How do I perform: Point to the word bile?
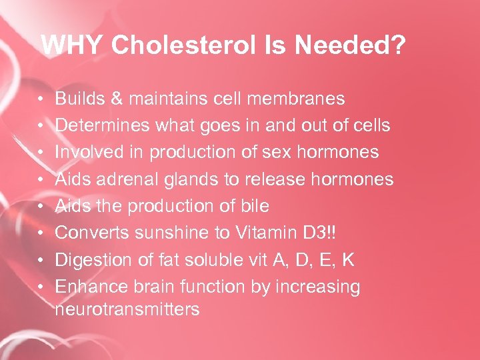[253, 206]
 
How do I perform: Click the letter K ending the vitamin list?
[348, 260]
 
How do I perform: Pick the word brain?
[160, 287]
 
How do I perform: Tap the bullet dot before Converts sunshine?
[41, 233]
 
